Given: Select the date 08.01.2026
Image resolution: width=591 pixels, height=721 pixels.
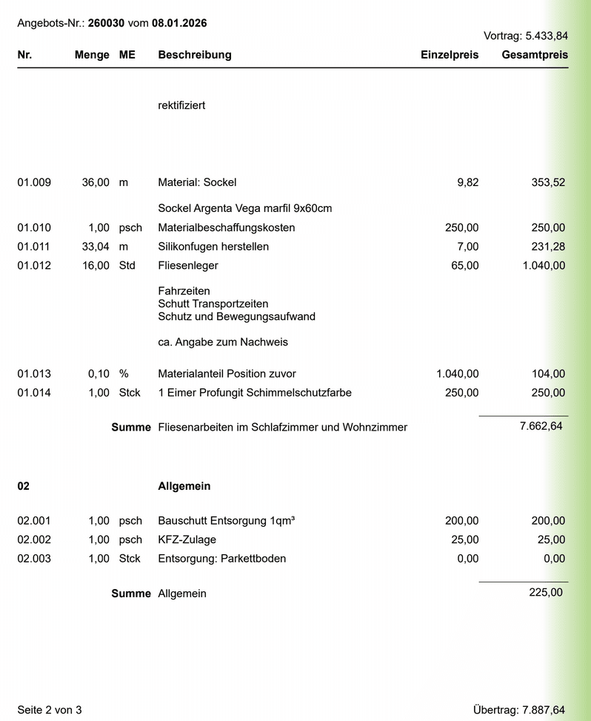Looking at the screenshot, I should [179, 23].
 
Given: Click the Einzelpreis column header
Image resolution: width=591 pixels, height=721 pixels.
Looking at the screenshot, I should [450, 55].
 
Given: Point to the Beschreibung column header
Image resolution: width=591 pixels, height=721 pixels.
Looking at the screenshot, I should [195, 55].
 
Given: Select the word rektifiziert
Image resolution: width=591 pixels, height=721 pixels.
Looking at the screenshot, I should [181, 105].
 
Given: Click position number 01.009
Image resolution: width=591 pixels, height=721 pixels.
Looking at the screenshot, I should [34, 182].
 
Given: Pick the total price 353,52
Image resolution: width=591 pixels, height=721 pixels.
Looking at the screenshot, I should [547, 182].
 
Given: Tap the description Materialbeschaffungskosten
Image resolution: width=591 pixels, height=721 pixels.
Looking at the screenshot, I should [227, 227].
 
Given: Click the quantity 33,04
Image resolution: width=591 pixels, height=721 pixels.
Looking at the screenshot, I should [96, 246].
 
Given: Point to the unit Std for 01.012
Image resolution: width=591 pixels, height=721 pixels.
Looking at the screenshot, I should [127, 265].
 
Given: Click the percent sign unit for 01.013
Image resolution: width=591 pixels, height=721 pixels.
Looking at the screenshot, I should [124, 373].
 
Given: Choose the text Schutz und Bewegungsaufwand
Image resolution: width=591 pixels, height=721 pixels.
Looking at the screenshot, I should [236, 316].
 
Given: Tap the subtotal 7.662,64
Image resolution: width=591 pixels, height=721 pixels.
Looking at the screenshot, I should [541, 426].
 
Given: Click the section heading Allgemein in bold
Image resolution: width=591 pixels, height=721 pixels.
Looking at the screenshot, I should [184, 487].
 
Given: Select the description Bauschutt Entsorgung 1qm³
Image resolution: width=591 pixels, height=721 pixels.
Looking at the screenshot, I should [227, 521].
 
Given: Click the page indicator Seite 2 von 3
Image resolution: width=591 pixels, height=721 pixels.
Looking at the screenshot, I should [50, 710].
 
